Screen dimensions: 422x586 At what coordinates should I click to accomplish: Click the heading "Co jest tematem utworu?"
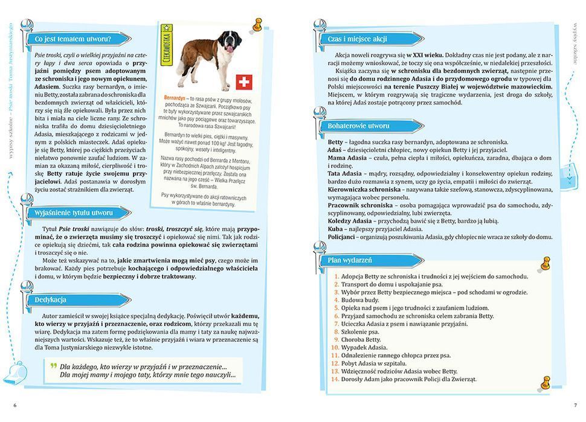point(72,39)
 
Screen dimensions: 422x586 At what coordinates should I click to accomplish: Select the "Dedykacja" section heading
point(50,299)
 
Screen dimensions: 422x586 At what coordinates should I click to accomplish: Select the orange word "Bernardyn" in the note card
point(176,97)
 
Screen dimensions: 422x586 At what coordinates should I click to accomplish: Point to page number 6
point(14,404)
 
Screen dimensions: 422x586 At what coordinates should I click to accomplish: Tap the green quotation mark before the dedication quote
point(53,366)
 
